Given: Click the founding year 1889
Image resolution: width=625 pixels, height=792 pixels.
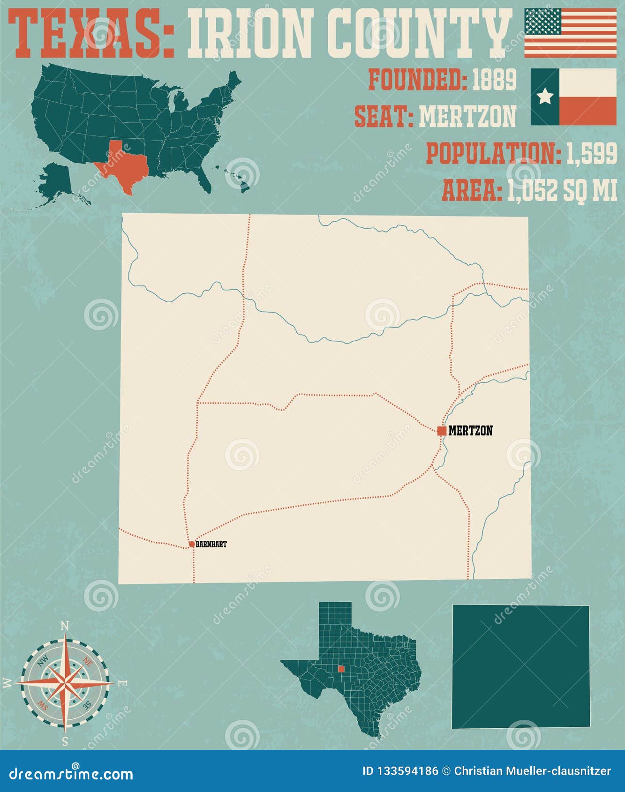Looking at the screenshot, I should point(494,80).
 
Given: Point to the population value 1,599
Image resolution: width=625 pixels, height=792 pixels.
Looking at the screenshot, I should point(592,153).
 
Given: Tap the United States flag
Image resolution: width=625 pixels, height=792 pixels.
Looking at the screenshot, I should point(570,33).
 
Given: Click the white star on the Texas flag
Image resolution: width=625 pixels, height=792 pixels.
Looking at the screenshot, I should point(545,97).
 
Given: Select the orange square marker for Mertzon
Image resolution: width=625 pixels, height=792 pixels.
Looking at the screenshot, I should point(441,431).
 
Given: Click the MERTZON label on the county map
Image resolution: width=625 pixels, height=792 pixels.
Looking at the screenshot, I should point(470,431).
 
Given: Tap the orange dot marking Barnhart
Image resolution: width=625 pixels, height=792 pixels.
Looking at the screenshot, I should point(192,544).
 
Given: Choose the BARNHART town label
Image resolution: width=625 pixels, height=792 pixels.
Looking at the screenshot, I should point(211,544).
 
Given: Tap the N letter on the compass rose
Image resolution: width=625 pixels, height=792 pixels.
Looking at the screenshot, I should point(65,626).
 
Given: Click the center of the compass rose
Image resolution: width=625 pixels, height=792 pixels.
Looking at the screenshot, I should point(65,683).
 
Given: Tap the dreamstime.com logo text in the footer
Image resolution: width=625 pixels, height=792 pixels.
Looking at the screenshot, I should point(71,774).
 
